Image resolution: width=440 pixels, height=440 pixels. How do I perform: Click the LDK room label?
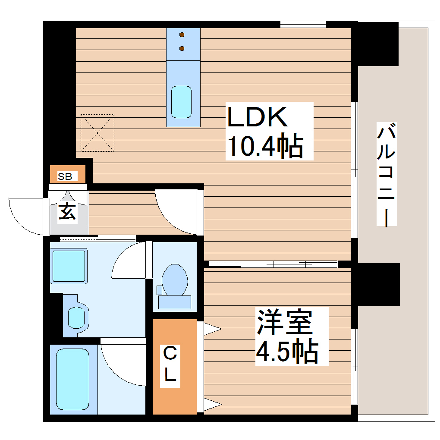coord(257,117)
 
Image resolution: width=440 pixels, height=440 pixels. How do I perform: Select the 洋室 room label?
coord(284,322)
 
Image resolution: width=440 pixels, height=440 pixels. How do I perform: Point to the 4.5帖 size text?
coord(286,351)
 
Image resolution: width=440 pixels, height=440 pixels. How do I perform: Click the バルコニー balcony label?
coord(386,175)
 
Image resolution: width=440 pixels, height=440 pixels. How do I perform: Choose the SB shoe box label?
coord(65,176)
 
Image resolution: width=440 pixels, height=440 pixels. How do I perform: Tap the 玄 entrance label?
coord(67,211)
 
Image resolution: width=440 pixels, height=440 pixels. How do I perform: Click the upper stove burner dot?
coord(182,35)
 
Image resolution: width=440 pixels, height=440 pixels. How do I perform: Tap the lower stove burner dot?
coord(182,48)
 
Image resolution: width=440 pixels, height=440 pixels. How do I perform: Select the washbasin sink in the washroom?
coord(77,317)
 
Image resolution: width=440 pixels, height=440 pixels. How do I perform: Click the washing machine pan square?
coord(69,266)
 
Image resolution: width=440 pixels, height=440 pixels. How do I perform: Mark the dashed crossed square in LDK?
coord(97,133)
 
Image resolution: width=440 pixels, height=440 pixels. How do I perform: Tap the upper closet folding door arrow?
coord(212,330)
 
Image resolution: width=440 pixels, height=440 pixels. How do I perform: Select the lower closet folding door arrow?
coord(212,405)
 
